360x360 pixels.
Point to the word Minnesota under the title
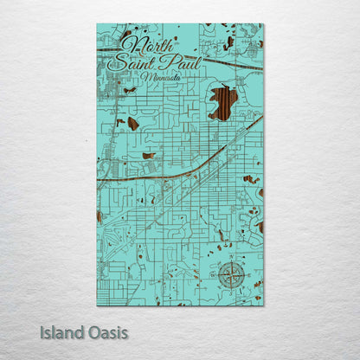click(161, 77)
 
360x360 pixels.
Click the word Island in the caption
click(61, 331)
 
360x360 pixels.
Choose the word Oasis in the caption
click(106, 331)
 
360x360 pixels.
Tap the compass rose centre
click(231, 275)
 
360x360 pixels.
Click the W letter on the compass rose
click(215, 275)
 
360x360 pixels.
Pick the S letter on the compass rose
click(231, 292)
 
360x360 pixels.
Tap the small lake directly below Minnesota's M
click(129, 90)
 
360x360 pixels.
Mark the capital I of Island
click(42, 331)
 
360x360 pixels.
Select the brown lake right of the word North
click(229, 42)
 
